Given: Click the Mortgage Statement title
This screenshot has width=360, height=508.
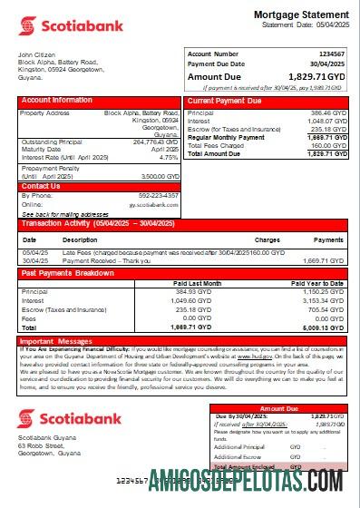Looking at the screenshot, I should click(x=300, y=15).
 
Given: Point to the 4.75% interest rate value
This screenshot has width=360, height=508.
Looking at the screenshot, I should click(x=167, y=157).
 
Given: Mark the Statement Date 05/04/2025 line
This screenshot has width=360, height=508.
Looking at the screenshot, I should click(x=304, y=25).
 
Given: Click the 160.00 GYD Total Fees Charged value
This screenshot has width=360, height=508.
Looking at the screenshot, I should click(x=326, y=145).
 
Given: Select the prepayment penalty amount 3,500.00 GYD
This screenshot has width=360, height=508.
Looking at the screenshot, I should click(x=160, y=176).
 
